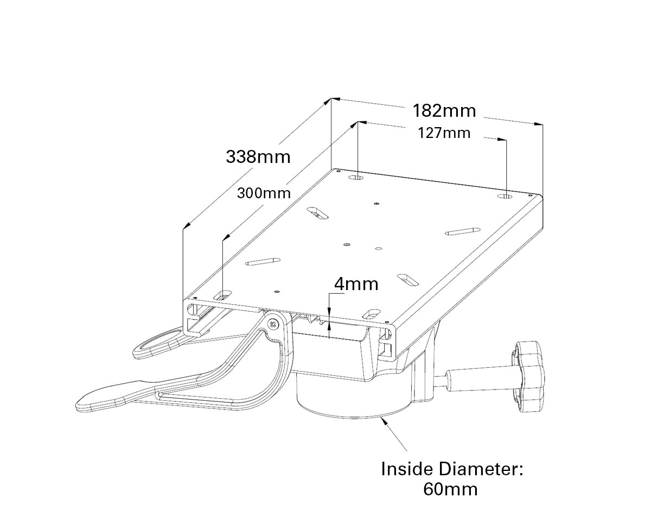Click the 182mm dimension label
[444, 111]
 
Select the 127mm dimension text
[444, 133]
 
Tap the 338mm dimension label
[258, 157]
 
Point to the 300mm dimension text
[264, 193]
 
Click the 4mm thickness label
[356, 284]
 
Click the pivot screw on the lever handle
[273, 324]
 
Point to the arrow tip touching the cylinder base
[382, 418]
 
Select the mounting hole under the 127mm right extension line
[505, 197]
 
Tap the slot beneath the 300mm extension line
[223, 294]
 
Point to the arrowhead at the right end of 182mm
[539, 124]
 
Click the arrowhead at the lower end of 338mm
[187, 225]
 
